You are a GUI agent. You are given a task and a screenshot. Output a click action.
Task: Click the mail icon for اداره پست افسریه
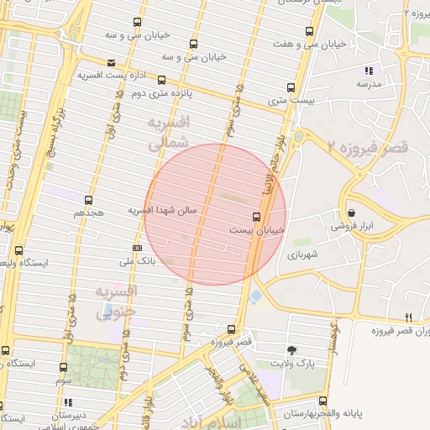click(x=112, y=62)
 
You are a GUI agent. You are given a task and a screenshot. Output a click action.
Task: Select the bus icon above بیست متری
click(x=291, y=87)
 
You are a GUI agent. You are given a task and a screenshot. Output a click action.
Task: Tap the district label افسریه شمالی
click(x=168, y=134)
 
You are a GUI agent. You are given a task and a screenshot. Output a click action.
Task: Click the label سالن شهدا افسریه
click(x=162, y=210)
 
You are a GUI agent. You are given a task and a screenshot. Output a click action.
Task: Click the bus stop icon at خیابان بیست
click(x=256, y=217)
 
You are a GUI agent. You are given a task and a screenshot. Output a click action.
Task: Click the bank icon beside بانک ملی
click(x=137, y=248)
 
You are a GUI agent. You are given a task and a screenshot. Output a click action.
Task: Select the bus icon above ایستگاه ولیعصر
click(x=19, y=250)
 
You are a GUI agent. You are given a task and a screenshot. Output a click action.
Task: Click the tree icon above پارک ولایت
click(x=291, y=349)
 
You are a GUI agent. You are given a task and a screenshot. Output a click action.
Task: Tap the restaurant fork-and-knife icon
click(x=409, y=317)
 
